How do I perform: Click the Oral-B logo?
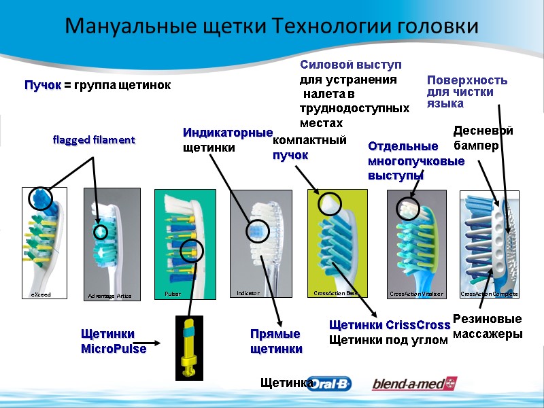click(330, 384)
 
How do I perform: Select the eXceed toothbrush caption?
click(41, 294)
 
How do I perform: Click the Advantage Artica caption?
click(109, 296)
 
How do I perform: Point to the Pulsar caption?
click(173, 294)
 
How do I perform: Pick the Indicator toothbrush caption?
click(248, 293)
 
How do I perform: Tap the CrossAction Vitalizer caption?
click(416, 294)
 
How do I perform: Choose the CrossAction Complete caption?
click(490, 294)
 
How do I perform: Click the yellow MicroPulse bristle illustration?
click(189, 347)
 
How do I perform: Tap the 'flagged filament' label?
click(94, 139)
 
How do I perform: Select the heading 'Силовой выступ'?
click(351, 65)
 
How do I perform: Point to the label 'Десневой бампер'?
click(483, 137)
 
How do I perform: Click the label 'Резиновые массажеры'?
click(487, 326)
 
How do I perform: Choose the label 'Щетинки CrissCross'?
click(390, 324)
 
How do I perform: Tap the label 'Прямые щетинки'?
click(275, 341)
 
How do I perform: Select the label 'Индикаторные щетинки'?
click(227, 139)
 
